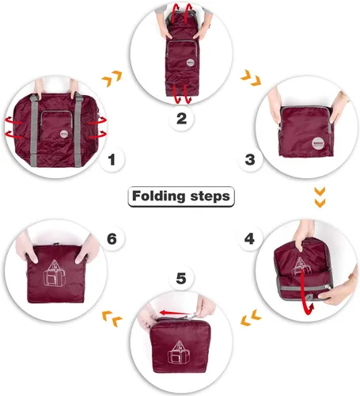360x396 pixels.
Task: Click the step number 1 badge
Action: tap(112, 159)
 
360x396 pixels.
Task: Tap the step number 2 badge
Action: tap(181, 118)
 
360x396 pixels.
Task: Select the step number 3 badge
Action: tap(250, 159)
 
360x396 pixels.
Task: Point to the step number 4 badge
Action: tap(249, 238)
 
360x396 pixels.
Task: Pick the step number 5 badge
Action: tap(181, 278)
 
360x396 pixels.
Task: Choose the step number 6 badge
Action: tap(112, 238)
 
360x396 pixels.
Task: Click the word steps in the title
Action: tap(210, 196)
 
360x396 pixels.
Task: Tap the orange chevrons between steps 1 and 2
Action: tap(112, 78)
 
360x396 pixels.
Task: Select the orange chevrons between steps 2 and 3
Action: tap(251, 78)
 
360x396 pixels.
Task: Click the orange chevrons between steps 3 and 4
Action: tap(320, 197)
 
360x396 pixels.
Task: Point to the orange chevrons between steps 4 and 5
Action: tap(251, 318)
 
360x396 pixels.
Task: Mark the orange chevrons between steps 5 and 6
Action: tap(112, 319)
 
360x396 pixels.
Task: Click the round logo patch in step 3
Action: tap(317, 143)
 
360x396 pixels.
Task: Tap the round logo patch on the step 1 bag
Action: tap(64, 133)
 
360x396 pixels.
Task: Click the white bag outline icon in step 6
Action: tap(55, 273)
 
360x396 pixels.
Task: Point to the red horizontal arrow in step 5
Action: tap(176, 313)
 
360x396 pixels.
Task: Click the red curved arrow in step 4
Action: tap(305, 293)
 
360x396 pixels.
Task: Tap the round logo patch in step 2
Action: tap(190, 63)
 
